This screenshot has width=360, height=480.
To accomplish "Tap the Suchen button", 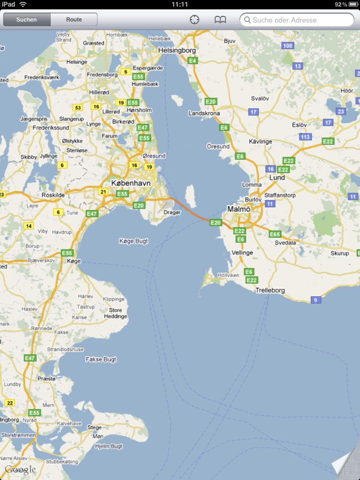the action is pos(27,20).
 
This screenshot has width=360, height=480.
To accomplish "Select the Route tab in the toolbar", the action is pos(74,20).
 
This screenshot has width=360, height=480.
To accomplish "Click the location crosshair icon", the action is pos(195,20).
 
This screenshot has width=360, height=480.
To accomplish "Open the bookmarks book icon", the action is pos(220,20).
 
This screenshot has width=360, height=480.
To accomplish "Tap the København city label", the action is pos(131,183).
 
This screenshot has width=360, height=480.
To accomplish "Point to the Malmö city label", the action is pos(239,209).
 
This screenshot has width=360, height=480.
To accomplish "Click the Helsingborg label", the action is pos(177,50).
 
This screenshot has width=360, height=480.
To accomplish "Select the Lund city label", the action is pos(277,178).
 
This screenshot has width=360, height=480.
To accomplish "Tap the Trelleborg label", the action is pos(270,290).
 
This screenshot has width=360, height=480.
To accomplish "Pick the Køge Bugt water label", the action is pos(134,241).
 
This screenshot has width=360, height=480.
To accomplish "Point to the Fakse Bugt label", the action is pos(101,360).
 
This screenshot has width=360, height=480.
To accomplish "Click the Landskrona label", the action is pos(204,113).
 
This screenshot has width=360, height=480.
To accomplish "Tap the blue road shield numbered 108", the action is pos(288,45).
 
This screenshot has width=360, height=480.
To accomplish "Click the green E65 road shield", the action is pos(275,234).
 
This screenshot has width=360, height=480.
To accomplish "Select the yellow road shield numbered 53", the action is pos(78,108).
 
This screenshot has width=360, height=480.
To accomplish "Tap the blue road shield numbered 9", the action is pos(315,300).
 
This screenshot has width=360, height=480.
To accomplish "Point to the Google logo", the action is pos(20,470).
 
